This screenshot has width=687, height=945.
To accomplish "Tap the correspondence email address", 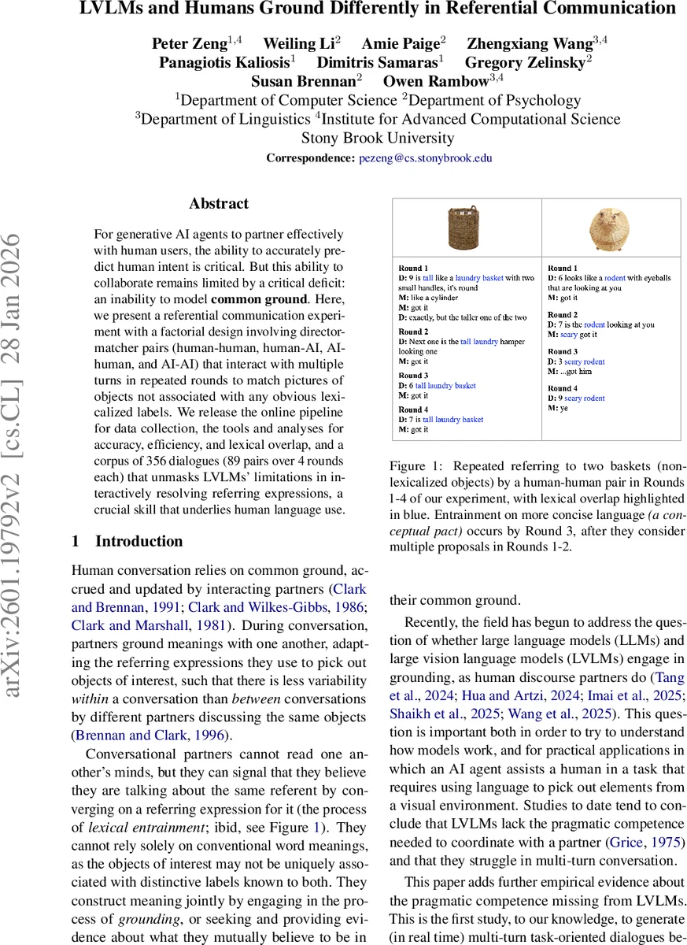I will click(x=426, y=158).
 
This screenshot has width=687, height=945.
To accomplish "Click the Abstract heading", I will click(x=219, y=203).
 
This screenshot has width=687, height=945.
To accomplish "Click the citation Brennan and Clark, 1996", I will click(x=150, y=736).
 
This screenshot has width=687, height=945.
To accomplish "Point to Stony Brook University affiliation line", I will click(x=378, y=137).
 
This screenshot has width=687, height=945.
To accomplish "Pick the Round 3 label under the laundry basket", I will click(x=413, y=376).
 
